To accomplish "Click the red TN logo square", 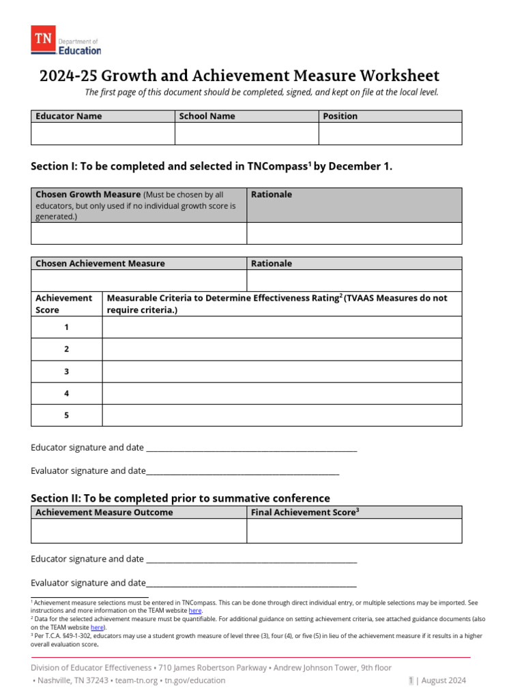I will coord(44,40).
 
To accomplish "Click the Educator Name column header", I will coord(68,116).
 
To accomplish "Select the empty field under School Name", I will coord(246,134).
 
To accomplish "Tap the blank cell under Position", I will coord(390,134).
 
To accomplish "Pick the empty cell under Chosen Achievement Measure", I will coord(138,280).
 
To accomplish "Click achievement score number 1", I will coord(66,327).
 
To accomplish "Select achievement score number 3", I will coord(66,371).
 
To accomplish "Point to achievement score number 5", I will coord(66,415).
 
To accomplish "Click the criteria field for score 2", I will coord(282,349).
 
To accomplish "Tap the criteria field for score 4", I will coord(282,393).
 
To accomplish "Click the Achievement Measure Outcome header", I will coord(104,513).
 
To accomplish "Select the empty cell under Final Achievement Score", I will coord(354,531).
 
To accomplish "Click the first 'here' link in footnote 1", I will coord(195,611).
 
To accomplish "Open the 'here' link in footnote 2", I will coord(97,627).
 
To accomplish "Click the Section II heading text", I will coord(180,498).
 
